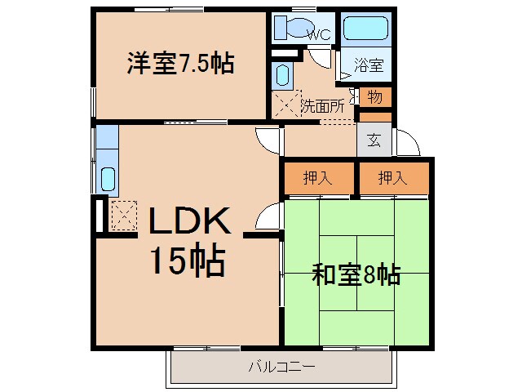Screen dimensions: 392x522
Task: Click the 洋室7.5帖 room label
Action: [179, 64]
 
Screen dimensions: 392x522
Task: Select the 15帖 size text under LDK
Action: [187, 261]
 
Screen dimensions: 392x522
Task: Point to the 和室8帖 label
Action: [356, 274]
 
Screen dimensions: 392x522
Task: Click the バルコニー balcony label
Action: [281, 366]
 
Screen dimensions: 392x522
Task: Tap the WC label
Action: [318, 34]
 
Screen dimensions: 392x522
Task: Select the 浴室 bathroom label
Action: [365, 63]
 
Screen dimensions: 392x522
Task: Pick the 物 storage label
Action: [374, 97]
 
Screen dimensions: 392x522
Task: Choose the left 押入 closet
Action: [318, 179]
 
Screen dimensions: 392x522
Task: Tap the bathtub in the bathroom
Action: [365, 28]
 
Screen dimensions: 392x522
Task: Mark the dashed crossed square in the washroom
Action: [287, 105]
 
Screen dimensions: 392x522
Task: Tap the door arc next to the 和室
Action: [267, 218]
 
